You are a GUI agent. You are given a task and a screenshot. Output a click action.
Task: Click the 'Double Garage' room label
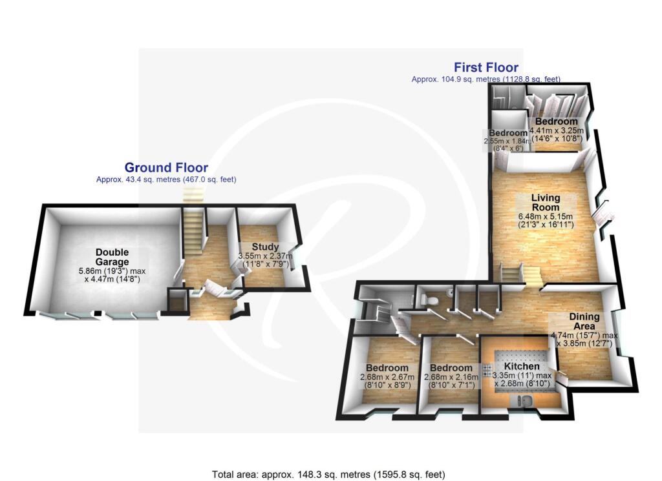pyautogui.click(x=112, y=256)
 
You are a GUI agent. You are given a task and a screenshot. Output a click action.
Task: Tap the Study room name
pyautogui.click(x=265, y=247)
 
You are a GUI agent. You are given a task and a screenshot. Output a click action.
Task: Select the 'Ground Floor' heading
pyautogui.click(x=166, y=168)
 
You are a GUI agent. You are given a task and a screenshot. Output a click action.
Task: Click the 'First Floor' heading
pyautogui.click(x=486, y=67)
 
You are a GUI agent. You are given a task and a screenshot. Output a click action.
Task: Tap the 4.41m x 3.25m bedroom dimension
pyautogui.click(x=556, y=132)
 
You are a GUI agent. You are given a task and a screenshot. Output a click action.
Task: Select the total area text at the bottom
pyautogui.click(x=329, y=474)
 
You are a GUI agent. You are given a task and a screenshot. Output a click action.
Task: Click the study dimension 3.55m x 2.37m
pyautogui.click(x=265, y=256)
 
